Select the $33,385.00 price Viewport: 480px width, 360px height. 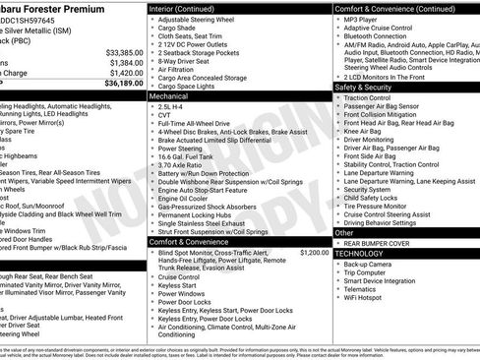pyautogui.click(x=123, y=51)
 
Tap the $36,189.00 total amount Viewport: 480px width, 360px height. pyautogui.click(x=123, y=83)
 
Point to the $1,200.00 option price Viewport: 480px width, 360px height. pyautogui.click(x=314, y=252)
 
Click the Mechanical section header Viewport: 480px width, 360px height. pyautogui.click(x=171, y=97)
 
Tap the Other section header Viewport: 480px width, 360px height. pyautogui.click(x=345, y=232)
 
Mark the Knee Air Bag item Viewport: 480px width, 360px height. pyautogui.click(x=368, y=131)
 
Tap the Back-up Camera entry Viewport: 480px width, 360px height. pyautogui.click(x=374, y=264)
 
